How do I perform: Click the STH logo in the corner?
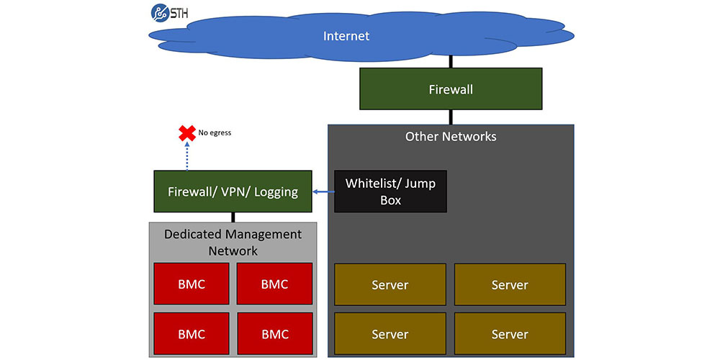(169, 12)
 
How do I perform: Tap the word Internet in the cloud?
(346, 36)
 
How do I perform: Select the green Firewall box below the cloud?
(451, 89)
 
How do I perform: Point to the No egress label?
(215, 133)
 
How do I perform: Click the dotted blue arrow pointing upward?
(187, 156)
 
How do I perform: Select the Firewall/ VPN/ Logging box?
(233, 192)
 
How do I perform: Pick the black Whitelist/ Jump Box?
(390, 192)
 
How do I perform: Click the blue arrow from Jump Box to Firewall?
(323, 192)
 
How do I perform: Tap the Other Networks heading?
(451, 136)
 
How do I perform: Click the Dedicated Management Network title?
(233, 243)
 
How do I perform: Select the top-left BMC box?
(192, 284)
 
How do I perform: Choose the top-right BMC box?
(274, 284)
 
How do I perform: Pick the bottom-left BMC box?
(192, 334)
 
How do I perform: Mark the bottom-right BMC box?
(274, 334)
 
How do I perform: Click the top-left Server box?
(390, 285)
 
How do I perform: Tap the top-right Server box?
(510, 285)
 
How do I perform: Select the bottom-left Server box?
(390, 334)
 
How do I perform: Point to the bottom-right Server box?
(510, 334)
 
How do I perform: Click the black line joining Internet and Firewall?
(451, 62)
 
